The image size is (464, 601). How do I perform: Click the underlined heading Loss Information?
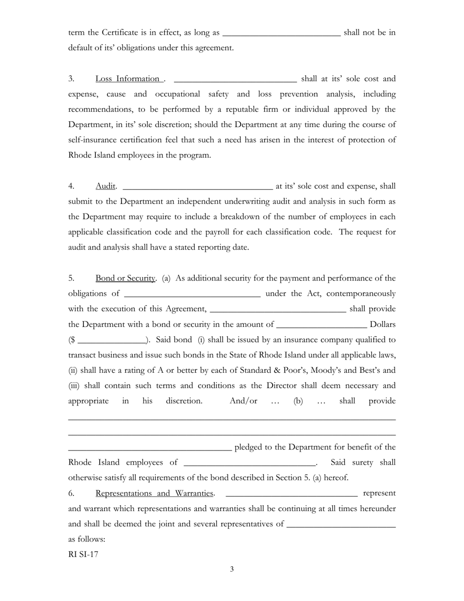coord(129,79)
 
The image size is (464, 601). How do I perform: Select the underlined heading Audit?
coord(105,186)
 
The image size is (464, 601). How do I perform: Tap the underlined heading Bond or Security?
coord(126,278)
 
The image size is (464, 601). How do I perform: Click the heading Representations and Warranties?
coord(155,493)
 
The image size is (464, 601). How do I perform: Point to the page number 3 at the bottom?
coord(232,569)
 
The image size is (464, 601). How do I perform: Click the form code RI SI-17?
coord(84,554)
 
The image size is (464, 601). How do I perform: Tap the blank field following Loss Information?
coord(235,80)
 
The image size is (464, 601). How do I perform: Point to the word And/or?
coord(243,401)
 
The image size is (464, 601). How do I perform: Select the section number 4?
coord(71,186)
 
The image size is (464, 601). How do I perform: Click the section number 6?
coord(71,493)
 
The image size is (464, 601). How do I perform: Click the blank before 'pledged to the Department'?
coord(149,448)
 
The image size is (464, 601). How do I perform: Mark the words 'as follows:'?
coord(87,539)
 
